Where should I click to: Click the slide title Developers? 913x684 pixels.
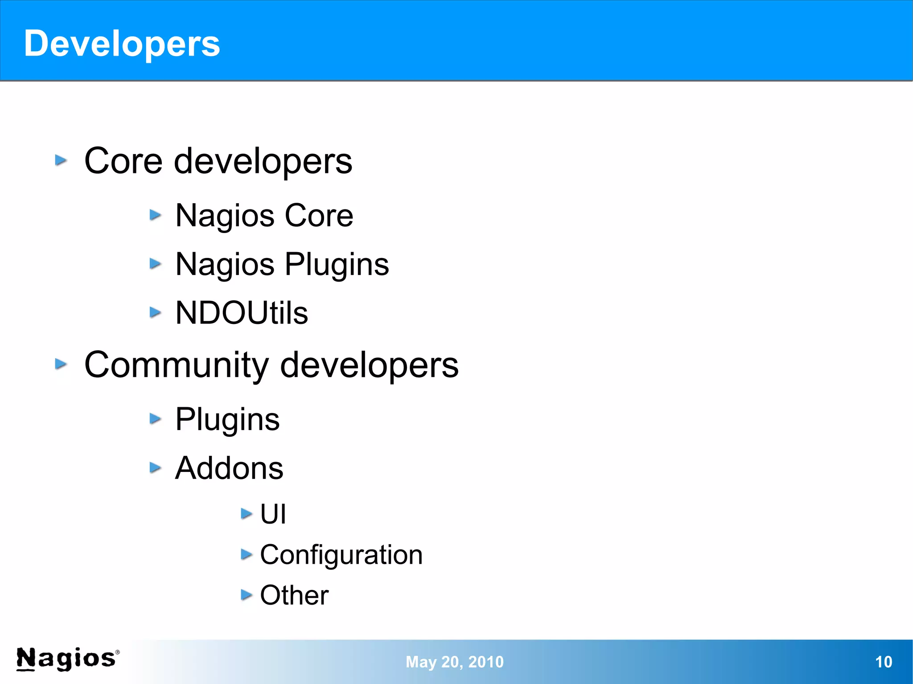click(x=122, y=44)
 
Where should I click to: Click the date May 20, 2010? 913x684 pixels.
click(x=454, y=662)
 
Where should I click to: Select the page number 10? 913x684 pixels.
click(x=883, y=662)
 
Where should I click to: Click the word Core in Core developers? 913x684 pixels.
click(x=123, y=161)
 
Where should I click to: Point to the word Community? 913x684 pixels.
click(x=177, y=365)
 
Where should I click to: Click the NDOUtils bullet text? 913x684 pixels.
click(x=242, y=313)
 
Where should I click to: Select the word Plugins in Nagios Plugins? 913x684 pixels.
click(x=337, y=265)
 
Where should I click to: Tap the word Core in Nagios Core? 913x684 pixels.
click(x=319, y=216)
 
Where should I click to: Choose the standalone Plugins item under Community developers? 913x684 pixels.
click(x=227, y=420)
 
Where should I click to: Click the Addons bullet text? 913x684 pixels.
click(x=229, y=468)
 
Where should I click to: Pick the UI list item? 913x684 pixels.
click(x=273, y=514)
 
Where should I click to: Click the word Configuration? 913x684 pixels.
click(x=341, y=555)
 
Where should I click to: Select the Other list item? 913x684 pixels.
click(x=294, y=595)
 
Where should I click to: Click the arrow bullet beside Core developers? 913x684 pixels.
click(x=61, y=160)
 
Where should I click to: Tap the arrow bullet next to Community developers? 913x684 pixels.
click(x=61, y=365)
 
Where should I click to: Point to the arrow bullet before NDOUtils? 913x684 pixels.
click(x=155, y=312)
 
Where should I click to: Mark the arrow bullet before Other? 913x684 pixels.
click(x=246, y=594)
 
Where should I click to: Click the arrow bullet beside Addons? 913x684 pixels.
click(x=155, y=467)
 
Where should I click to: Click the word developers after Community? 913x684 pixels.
click(x=369, y=365)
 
